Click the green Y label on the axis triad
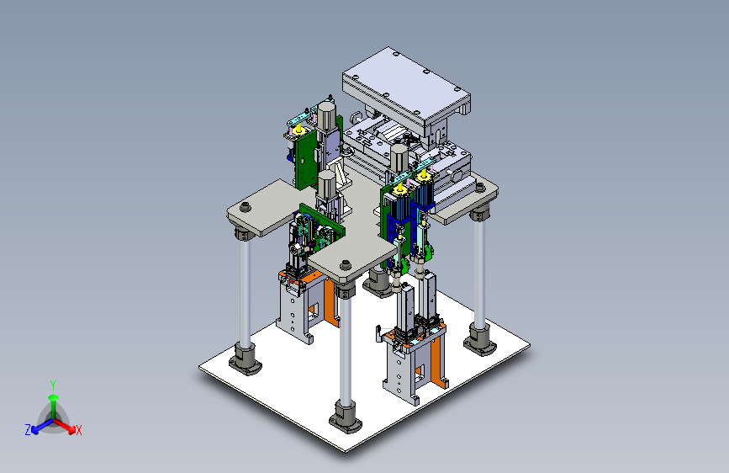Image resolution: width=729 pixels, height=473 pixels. pyautogui.click(x=53, y=385)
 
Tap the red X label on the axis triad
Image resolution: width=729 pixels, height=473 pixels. pyautogui.click(x=79, y=431)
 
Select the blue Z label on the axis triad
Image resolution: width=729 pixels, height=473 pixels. pyautogui.click(x=28, y=430)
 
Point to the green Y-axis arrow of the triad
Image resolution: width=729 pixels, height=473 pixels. pyautogui.click(x=54, y=407)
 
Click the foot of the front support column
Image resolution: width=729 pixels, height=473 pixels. pyautogui.click(x=345, y=418)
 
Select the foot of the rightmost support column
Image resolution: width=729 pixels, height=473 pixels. pyautogui.click(x=480, y=340)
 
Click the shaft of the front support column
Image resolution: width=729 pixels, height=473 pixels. pyautogui.click(x=345, y=349)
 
